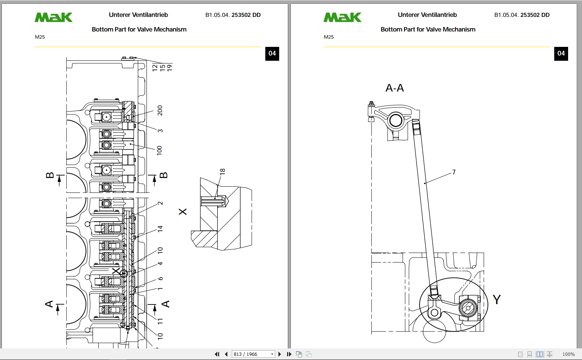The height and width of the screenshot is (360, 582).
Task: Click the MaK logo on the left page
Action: [54, 17]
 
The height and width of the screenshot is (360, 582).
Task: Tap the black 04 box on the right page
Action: [561, 54]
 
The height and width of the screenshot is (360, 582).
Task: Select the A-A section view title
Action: [395, 88]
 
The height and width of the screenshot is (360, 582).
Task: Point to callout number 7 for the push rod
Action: [454, 172]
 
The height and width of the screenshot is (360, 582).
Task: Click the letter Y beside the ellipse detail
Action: [496, 300]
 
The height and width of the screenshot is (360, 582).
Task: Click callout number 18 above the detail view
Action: [223, 171]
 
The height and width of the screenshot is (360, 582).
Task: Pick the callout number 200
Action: [160, 110]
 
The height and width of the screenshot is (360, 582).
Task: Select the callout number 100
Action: [159, 150]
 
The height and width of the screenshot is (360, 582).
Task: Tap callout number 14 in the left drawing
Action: [160, 228]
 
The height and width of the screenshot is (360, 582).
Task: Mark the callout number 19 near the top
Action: [170, 68]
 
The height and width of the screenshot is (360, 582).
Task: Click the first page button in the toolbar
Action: [217, 354]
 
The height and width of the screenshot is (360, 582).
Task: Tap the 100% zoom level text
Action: [568, 354]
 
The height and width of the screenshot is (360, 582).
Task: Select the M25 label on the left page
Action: [40, 37]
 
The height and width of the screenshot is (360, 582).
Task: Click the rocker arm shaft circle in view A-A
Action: [396, 120]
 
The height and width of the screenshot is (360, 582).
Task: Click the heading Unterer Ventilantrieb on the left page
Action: [138, 15]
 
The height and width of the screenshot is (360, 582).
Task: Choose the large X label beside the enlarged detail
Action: [183, 212]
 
